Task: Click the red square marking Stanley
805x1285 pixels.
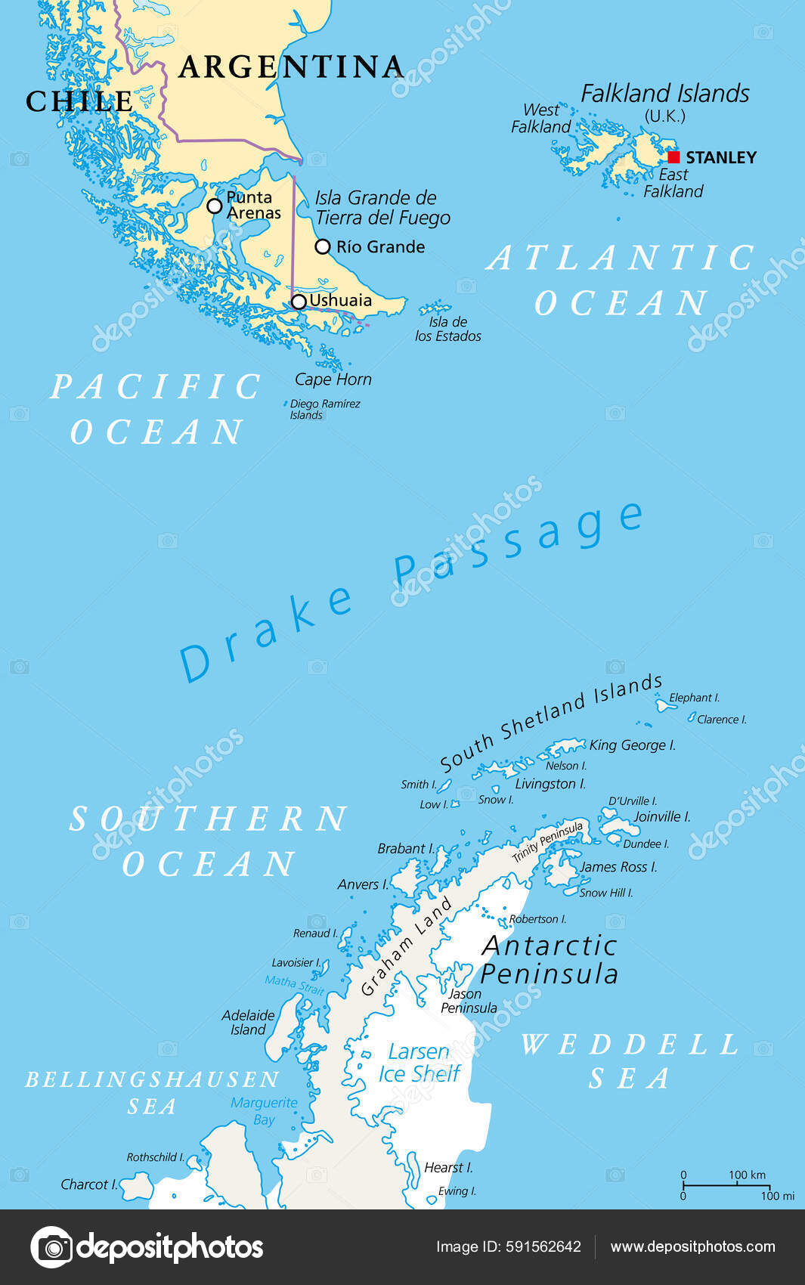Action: pos(674,157)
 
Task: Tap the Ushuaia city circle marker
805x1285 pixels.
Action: pos(299,302)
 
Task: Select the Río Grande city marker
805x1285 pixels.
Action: pos(323,246)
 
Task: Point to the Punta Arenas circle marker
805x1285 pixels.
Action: pos(215,206)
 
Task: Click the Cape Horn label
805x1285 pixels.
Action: pos(333,379)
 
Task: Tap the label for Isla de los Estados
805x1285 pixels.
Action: pos(448,329)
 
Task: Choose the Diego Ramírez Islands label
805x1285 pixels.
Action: pos(324,409)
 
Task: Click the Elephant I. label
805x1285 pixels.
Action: pos(694,698)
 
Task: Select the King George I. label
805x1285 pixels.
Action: pos(632,745)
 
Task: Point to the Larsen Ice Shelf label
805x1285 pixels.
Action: pos(419,1062)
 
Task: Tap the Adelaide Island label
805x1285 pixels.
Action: pos(248,1022)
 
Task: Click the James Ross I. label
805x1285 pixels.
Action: pos(618,867)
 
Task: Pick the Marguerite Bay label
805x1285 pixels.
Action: pos(264,1110)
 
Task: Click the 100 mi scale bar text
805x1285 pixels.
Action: pos(777,1196)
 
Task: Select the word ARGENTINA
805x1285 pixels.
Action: pos(291,67)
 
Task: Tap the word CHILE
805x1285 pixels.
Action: pos(79,101)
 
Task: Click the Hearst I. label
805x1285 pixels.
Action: pos(448,1168)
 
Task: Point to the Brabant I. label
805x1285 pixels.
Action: pos(406,849)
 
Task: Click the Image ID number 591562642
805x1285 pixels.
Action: pos(542,1247)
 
